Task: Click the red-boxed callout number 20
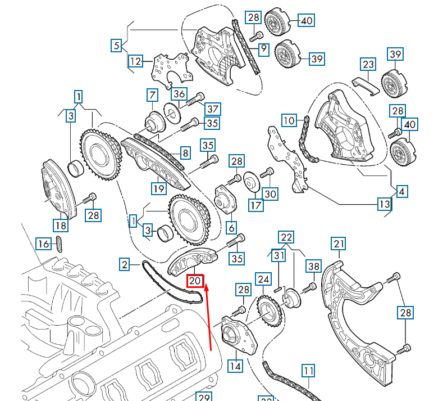(x=195, y=280)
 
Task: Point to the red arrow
(x=208, y=318)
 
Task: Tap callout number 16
(x=43, y=244)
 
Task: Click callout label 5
(x=116, y=46)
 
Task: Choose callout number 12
(x=135, y=60)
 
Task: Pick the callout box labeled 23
(x=368, y=65)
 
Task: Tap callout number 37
(x=213, y=108)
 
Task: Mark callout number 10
(x=289, y=120)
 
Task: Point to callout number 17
(x=256, y=205)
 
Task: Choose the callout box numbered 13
(x=384, y=204)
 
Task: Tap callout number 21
(x=339, y=244)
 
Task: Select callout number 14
(x=235, y=366)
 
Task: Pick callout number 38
(x=313, y=266)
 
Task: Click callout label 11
(x=308, y=371)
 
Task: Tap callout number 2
(x=125, y=263)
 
